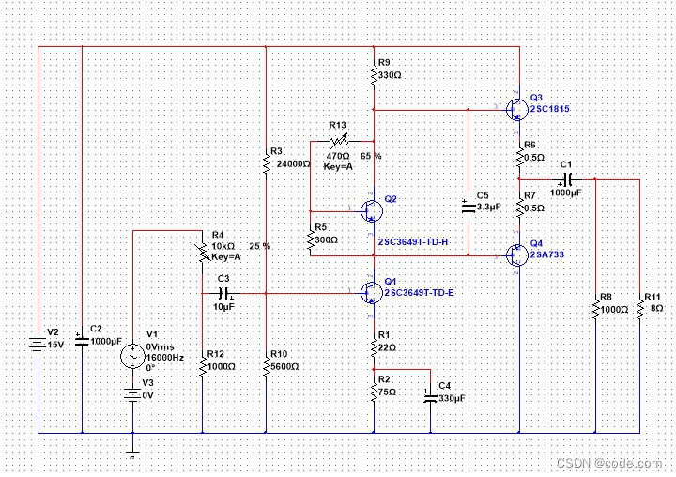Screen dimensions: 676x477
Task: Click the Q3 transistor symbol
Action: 516,110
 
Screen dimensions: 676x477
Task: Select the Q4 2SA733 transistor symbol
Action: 516,254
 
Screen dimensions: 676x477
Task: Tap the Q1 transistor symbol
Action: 372,293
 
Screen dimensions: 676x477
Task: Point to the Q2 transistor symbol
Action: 372,211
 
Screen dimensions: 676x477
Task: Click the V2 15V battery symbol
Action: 38,344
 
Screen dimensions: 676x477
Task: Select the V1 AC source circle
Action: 132,356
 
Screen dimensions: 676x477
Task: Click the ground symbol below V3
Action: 132,454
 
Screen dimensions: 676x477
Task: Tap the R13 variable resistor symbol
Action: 339,141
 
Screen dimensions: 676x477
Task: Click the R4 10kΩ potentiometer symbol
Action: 202,253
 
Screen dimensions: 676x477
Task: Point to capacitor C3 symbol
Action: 224,293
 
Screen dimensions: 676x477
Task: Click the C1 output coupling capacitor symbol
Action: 567,179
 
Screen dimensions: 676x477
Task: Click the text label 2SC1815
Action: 550,109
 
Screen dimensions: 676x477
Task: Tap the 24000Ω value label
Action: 293,164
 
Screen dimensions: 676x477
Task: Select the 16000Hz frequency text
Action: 165,358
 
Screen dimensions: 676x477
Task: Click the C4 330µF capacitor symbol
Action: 430,396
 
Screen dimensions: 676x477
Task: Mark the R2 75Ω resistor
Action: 374,392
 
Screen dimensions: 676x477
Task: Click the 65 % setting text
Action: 371,156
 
